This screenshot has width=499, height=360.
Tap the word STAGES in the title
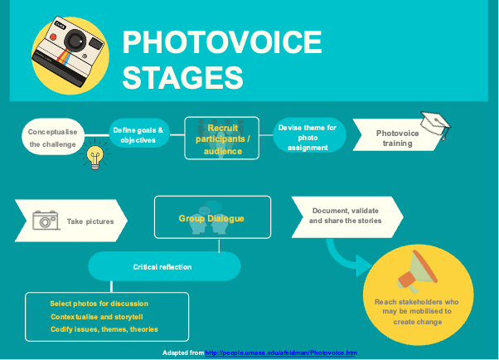pyautogui.click(x=182, y=76)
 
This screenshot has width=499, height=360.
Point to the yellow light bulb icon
pyautogui.click(x=97, y=155)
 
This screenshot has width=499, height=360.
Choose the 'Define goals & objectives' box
pyautogui.click(x=138, y=135)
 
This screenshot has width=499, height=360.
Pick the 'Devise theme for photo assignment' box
pyautogui.click(x=308, y=137)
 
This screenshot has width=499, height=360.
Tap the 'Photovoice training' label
pyautogui.click(x=397, y=138)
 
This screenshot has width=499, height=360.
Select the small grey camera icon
pyautogui.click(x=46, y=220)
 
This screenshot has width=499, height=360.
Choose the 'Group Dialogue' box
pyautogui.click(x=212, y=218)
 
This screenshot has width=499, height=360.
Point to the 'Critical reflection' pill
pyautogui.click(x=162, y=267)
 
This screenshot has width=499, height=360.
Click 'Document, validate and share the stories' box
pyautogui.click(x=346, y=216)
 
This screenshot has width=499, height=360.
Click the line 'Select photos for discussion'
pyautogui.click(x=99, y=304)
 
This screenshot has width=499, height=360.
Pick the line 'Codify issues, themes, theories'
pyautogui.click(x=104, y=330)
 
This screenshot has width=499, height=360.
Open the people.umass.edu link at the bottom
pyautogui.click(x=280, y=353)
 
